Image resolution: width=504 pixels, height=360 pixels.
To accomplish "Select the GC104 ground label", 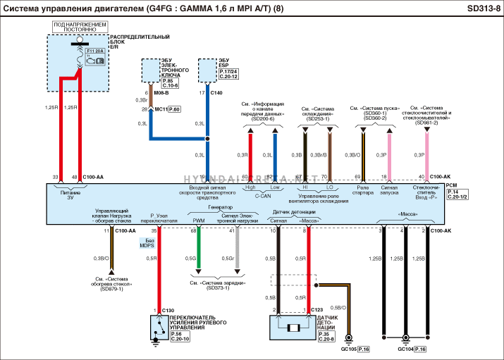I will click(405, 349).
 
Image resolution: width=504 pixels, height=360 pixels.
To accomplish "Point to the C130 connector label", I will click(168, 310).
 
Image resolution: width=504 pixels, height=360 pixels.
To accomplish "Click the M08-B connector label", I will click(162, 93).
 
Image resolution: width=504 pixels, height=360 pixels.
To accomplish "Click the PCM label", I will click(451, 185).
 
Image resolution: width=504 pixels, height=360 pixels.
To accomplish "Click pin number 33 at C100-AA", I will click(55, 177).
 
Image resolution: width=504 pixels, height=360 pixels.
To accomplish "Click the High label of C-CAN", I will click(250, 187).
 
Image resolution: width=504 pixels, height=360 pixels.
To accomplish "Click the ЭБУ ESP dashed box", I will click(207, 70).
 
